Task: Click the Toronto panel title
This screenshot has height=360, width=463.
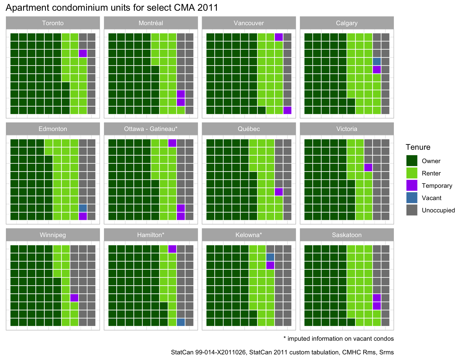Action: (53, 23)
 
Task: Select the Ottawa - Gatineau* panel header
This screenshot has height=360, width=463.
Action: (151, 129)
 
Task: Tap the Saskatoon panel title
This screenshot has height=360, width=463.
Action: (347, 235)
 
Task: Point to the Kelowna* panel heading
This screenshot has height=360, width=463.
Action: (249, 235)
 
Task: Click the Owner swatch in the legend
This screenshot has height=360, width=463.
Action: (412, 161)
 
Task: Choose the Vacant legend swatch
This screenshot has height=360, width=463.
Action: (412, 198)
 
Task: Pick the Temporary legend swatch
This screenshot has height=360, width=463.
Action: (412, 185)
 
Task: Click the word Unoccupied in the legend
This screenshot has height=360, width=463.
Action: (438, 210)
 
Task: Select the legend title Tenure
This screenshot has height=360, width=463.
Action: (418, 147)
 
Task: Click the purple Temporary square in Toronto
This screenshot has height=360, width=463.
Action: (83, 53)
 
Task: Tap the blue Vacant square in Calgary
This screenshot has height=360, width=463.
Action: (377, 61)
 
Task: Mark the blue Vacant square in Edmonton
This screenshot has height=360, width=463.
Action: (83, 208)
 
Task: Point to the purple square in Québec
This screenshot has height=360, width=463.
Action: (279, 192)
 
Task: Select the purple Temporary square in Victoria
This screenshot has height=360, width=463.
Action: (368, 167)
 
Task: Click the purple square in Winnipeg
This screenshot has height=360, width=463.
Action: (74, 298)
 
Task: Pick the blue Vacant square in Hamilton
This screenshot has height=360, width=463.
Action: (181, 322)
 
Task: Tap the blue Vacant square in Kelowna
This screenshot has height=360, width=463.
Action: (270, 257)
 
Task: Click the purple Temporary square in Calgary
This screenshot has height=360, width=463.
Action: (377, 70)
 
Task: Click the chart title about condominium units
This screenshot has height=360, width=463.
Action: (112, 7)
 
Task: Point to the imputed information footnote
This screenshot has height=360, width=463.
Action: (338, 339)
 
